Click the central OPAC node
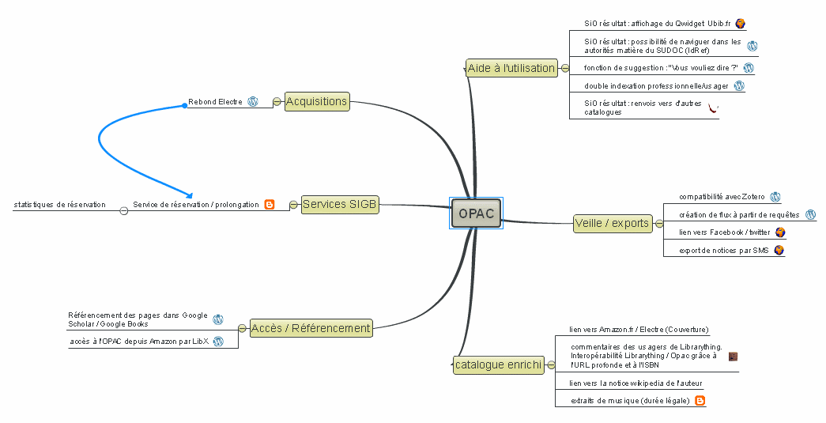tap(476, 213)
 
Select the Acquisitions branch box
tap(316, 101)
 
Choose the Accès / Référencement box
tap(310, 328)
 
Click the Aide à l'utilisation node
tap(511, 68)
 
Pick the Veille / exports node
tap(612, 223)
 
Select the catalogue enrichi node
tap(498, 365)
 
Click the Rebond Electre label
tap(215, 102)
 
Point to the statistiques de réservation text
tap(59, 205)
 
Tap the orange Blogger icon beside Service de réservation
tap(270, 205)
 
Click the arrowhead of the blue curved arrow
tap(189, 195)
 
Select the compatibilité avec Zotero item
tap(722, 197)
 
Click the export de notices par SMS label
tap(723, 251)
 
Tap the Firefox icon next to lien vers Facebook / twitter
tap(780, 232)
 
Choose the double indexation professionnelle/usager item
tap(656, 86)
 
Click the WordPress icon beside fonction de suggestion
tap(748, 68)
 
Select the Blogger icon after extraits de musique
tap(700, 401)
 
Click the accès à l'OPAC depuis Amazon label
tap(139, 342)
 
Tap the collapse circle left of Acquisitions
tap(277, 101)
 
